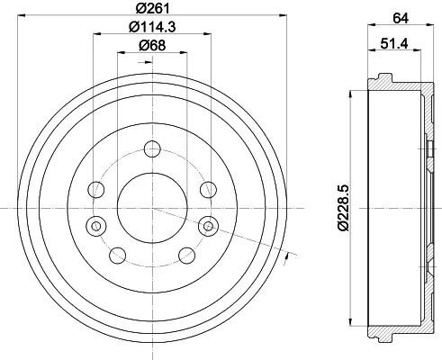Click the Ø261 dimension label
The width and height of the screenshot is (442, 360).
pyautogui.click(x=152, y=8)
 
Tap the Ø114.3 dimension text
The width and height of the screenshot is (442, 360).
pyautogui.click(x=152, y=27)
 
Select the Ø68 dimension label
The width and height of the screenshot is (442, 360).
pyautogui.click(x=152, y=46)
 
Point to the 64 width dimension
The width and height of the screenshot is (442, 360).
pyautogui.click(x=401, y=18)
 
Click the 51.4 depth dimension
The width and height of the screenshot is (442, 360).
pyautogui.click(x=394, y=44)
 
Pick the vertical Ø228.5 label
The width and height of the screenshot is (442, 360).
pyautogui.click(x=344, y=208)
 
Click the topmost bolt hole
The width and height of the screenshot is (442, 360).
pyautogui.click(x=152, y=149)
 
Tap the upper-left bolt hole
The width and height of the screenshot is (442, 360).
pyautogui.click(x=96, y=190)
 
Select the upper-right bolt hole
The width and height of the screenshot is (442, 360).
pyautogui.click(x=209, y=190)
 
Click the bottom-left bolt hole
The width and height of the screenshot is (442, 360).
pyautogui.click(x=118, y=256)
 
